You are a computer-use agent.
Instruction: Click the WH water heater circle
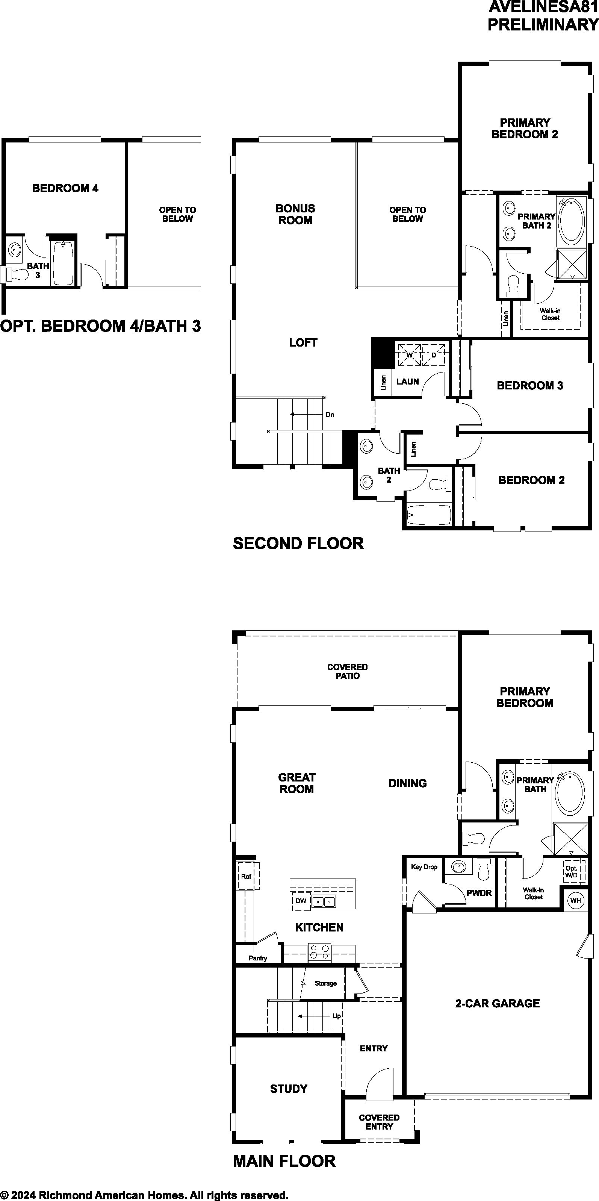click(575, 900)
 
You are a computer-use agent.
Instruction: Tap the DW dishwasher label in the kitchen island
click(301, 901)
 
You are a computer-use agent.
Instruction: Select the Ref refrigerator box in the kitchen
click(246, 877)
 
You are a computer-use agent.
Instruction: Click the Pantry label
click(258, 958)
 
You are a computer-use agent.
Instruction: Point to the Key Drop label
click(424, 867)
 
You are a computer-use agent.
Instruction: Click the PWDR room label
click(479, 893)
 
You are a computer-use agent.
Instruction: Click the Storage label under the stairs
click(325, 983)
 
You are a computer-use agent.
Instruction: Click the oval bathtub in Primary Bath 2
click(572, 220)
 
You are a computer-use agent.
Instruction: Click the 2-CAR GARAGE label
click(498, 1003)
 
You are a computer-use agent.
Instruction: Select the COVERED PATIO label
click(347, 671)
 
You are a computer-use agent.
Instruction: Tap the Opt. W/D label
click(571, 871)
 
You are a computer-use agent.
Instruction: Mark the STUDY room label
click(289, 1089)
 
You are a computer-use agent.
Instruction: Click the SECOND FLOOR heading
click(298, 544)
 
